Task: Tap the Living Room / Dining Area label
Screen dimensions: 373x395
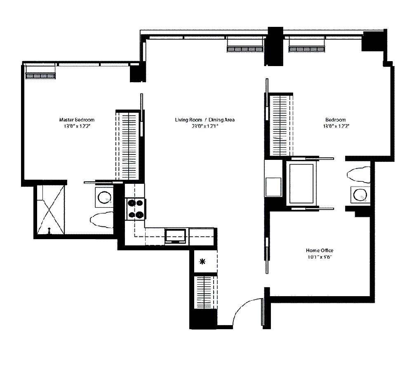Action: click(x=205, y=120)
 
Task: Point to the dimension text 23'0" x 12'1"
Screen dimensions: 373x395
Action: click(x=205, y=126)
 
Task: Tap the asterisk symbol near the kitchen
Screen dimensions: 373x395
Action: click(x=202, y=261)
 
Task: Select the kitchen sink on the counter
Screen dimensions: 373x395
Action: click(x=176, y=236)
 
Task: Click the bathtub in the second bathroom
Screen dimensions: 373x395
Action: click(x=302, y=183)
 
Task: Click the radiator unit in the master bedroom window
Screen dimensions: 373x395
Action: click(x=40, y=76)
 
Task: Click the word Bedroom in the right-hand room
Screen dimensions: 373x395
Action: click(x=336, y=120)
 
